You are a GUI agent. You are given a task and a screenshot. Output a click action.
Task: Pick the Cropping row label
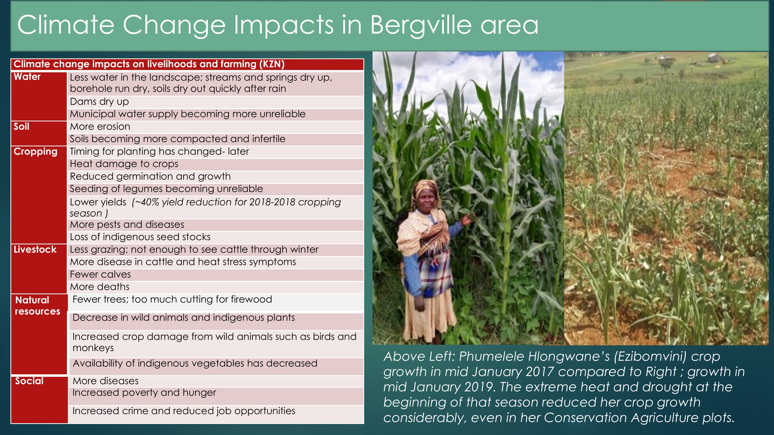[x=35, y=152]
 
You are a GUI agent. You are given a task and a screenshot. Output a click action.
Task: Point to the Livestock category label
[x=35, y=249]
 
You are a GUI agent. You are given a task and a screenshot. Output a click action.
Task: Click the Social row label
[x=29, y=381]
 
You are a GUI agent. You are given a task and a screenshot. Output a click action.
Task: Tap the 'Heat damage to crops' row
[x=215, y=164]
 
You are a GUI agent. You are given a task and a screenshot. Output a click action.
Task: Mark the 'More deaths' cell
[x=215, y=287]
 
